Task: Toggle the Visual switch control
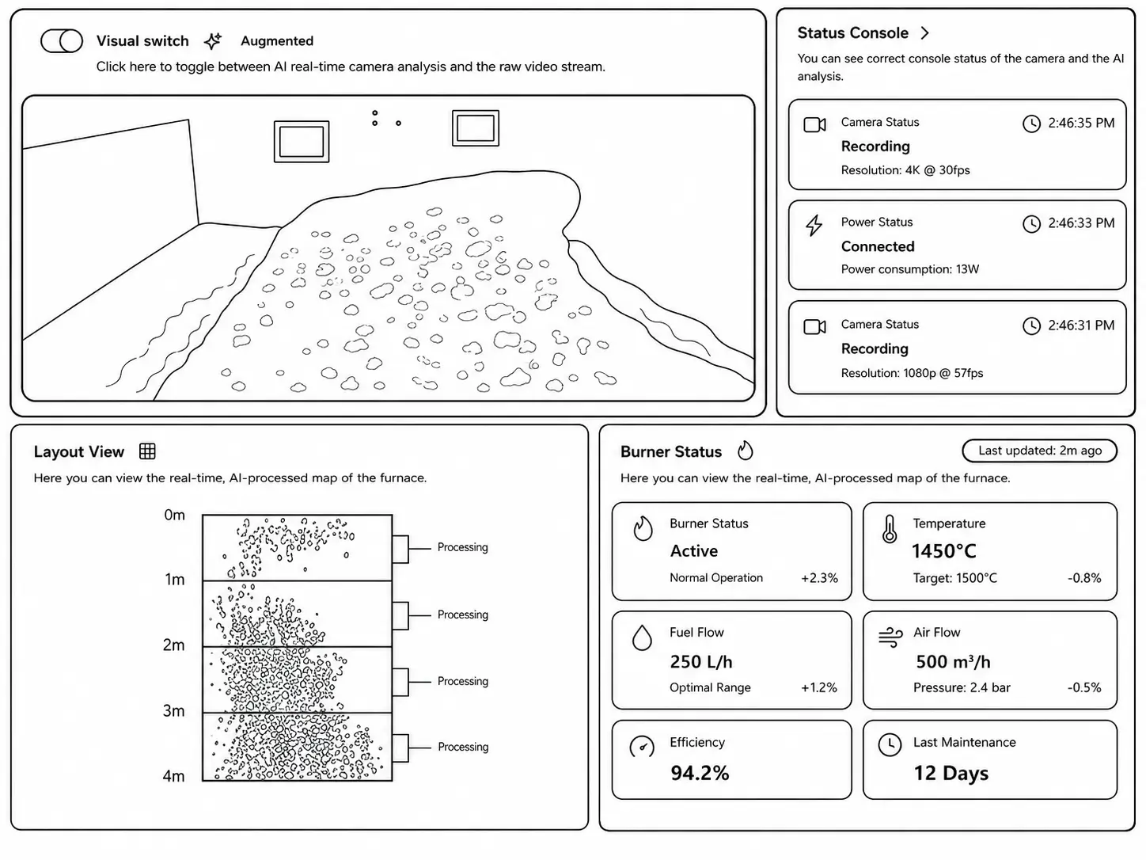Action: (x=62, y=40)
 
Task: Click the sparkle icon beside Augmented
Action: (x=212, y=40)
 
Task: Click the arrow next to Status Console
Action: (x=924, y=33)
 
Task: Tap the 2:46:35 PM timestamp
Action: (x=1081, y=123)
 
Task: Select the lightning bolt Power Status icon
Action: (x=814, y=225)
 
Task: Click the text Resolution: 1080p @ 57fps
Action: (x=912, y=373)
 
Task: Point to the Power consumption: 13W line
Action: (x=909, y=269)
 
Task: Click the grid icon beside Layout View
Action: (x=147, y=451)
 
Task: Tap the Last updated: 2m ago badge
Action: (x=1039, y=451)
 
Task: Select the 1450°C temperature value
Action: (x=943, y=551)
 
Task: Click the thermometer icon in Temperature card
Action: (x=890, y=529)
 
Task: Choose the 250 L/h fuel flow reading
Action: (x=700, y=661)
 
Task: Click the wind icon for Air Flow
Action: (x=890, y=637)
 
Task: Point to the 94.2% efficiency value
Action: (x=700, y=773)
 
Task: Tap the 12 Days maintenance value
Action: (x=951, y=773)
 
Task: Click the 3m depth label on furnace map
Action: (x=173, y=710)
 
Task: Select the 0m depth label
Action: (x=174, y=515)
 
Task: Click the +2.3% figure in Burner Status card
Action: (x=819, y=578)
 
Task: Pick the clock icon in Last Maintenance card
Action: (x=890, y=744)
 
